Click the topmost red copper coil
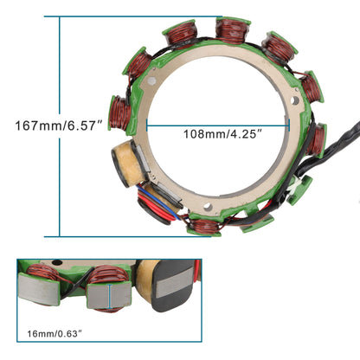[228, 31]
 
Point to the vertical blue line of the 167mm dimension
[59, 125]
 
